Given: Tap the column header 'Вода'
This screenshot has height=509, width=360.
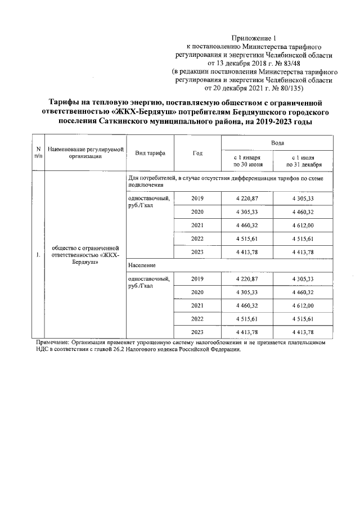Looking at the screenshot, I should click(x=277, y=144).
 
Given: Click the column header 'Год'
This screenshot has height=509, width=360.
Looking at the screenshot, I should click(x=197, y=153).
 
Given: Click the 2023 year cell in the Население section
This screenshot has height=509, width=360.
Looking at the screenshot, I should click(x=197, y=332).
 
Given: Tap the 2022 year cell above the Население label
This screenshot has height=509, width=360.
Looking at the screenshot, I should click(x=197, y=239).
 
